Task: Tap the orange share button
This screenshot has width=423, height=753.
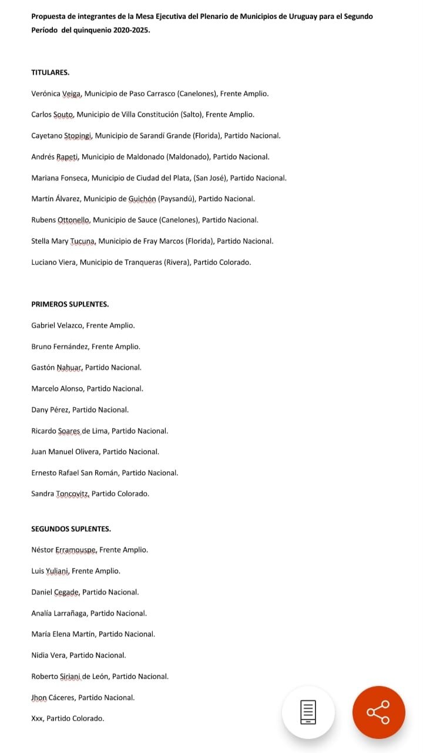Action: [x=378, y=712]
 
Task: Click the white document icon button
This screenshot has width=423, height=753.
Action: [x=308, y=712]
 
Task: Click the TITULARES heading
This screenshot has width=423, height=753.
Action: [x=51, y=72]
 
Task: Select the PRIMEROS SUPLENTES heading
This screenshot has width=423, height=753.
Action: [x=70, y=304]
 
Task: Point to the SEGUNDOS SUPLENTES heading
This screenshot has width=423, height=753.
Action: [x=71, y=529]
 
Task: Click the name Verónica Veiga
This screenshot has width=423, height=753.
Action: [x=56, y=94]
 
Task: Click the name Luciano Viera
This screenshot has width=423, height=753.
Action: [x=53, y=262]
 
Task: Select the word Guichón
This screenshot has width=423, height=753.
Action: [x=142, y=199]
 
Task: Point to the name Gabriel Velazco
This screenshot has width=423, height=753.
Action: [x=56, y=325]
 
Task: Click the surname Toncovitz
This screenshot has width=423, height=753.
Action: [x=73, y=494]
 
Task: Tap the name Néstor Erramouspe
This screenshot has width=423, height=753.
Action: [x=63, y=550]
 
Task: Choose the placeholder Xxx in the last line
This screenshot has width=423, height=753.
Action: [x=38, y=718]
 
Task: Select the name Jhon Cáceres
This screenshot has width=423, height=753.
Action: [x=52, y=698]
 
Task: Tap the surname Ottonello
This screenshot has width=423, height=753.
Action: [x=73, y=220]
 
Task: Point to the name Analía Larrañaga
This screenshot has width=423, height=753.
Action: [x=59, y=613]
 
